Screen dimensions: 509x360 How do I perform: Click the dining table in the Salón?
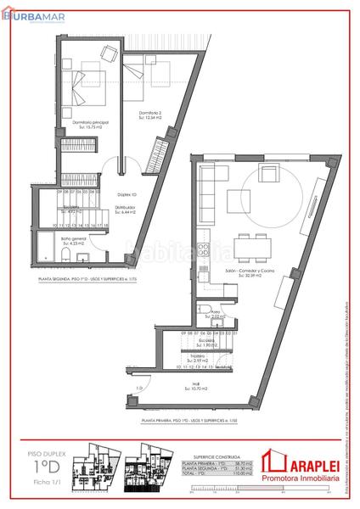click(x=251, y=247)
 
